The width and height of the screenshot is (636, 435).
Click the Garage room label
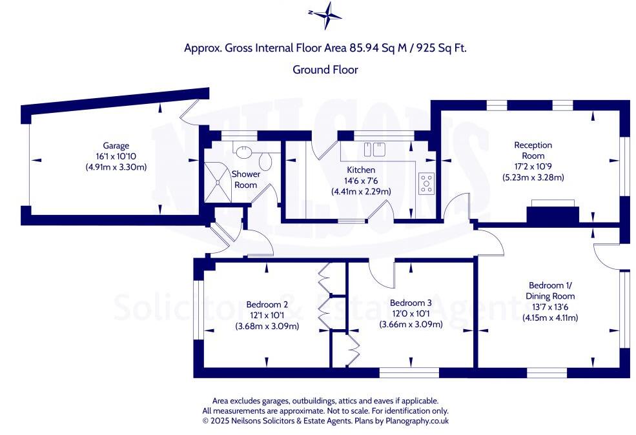tap(116, 145)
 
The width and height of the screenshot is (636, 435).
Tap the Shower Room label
tap(245, 179)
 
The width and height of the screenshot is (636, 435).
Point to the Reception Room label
tap(533, 150)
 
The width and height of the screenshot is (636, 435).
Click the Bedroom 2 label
tap(267, 305)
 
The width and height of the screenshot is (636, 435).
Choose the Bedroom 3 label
tap(411, 303)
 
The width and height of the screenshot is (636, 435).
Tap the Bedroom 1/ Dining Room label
tap(550, 290)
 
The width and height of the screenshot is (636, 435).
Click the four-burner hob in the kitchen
tap(427, 183)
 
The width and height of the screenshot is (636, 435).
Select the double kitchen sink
tap(374, 148)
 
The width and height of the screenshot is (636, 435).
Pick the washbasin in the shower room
tap(243, 152)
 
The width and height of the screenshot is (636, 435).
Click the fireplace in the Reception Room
tap(552, 205)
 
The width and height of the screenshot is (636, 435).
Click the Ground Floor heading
tap(325, 69)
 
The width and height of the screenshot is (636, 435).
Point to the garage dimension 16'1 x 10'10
tap(116, 156)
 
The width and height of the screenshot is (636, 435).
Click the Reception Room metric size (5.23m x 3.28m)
tap(533, 177)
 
